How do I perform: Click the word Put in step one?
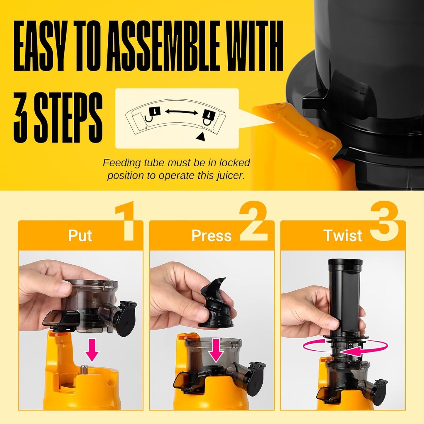80,236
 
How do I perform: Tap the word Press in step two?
211,236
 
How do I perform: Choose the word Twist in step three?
343,236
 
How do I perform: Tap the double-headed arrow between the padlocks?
181,112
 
